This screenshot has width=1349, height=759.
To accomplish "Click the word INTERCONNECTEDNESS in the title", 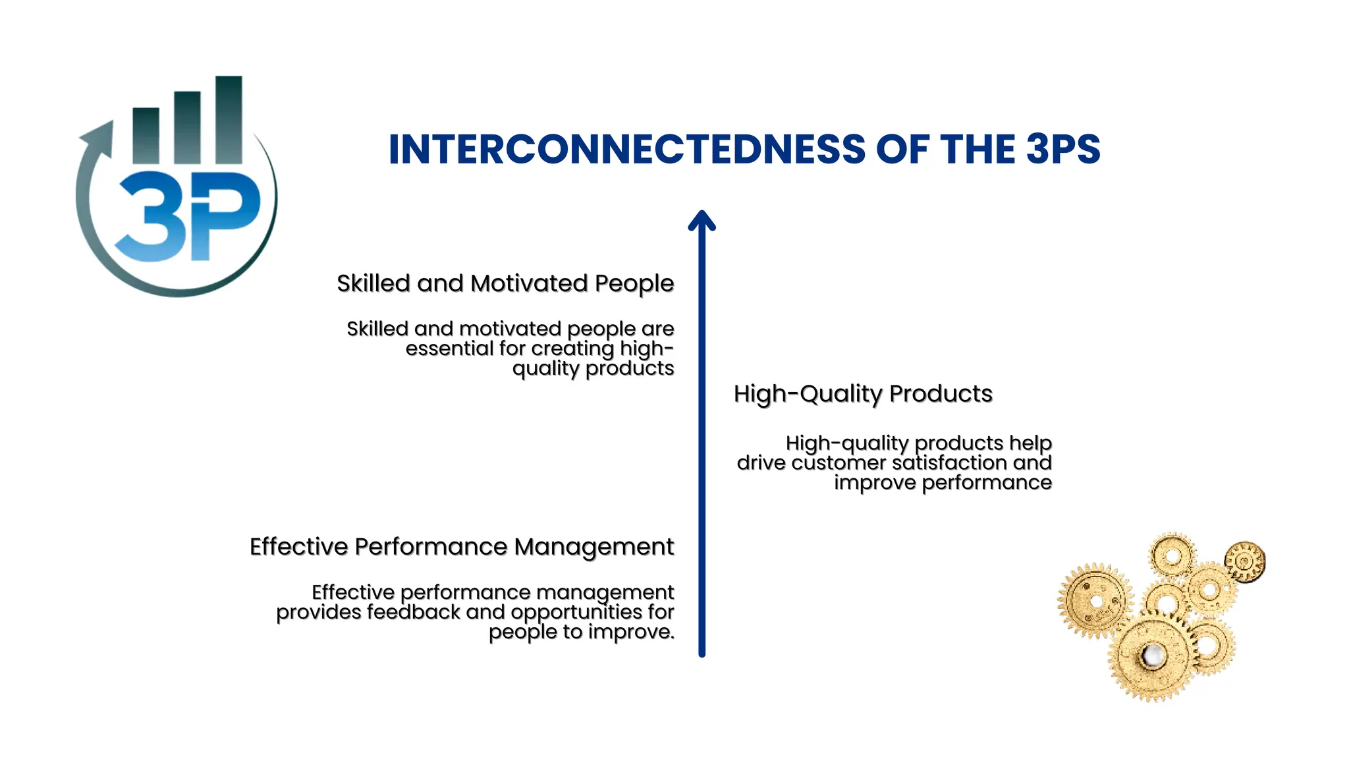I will pyautogui.click(x=626, y=150).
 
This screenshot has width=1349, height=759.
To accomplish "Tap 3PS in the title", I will pyautogui.click(x=1062, y=150).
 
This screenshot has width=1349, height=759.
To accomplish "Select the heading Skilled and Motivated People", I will pyautogui.click(x=505, y=283).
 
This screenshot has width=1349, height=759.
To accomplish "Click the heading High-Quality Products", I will pyautogui.click(x=863, y=394).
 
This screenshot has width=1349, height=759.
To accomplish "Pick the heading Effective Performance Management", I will pyautogui.click(x=462, y=547).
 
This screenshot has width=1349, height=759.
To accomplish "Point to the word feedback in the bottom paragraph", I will pyautogui.click(x=413, y=612).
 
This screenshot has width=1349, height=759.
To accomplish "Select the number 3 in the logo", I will pyautogui.click(x=150, y=217).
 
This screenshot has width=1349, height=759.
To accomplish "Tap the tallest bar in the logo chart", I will pyautogui.click(x=229, y=120).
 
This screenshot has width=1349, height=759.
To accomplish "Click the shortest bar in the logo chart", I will pyautogui.click(x=146, y=135).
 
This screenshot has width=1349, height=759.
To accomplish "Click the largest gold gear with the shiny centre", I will pyautogui.click(x=1153, y=656).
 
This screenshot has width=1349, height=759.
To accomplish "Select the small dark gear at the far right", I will pyautogui.click(x=1244, y=561).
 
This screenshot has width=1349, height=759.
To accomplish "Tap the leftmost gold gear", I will pyautogui.click(x=1095, y=601).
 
